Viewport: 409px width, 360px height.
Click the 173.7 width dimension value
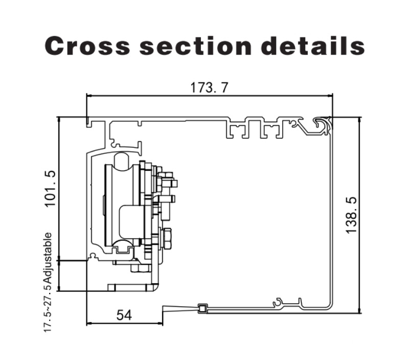[x=209, y=87]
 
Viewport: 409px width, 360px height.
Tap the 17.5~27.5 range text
[x=48, y=309]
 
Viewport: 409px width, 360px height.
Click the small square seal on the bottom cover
[x=203, y=308]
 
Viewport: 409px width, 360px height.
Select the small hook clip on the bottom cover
[x=279, y=303]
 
